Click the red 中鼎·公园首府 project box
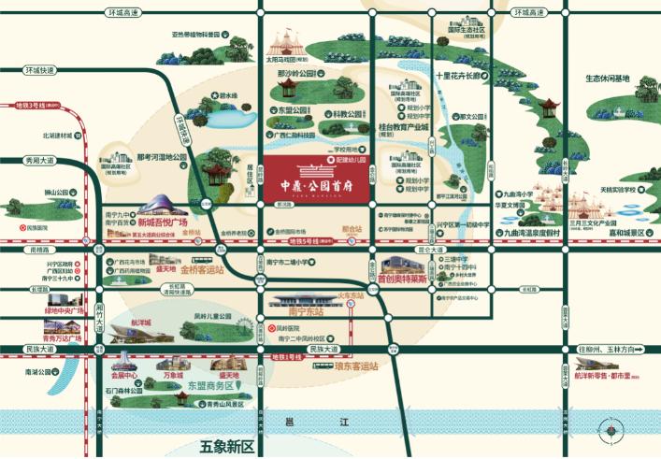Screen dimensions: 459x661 [321, 180]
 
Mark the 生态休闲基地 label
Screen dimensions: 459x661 [608, 79]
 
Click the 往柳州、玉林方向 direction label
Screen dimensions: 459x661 [606, 349]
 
